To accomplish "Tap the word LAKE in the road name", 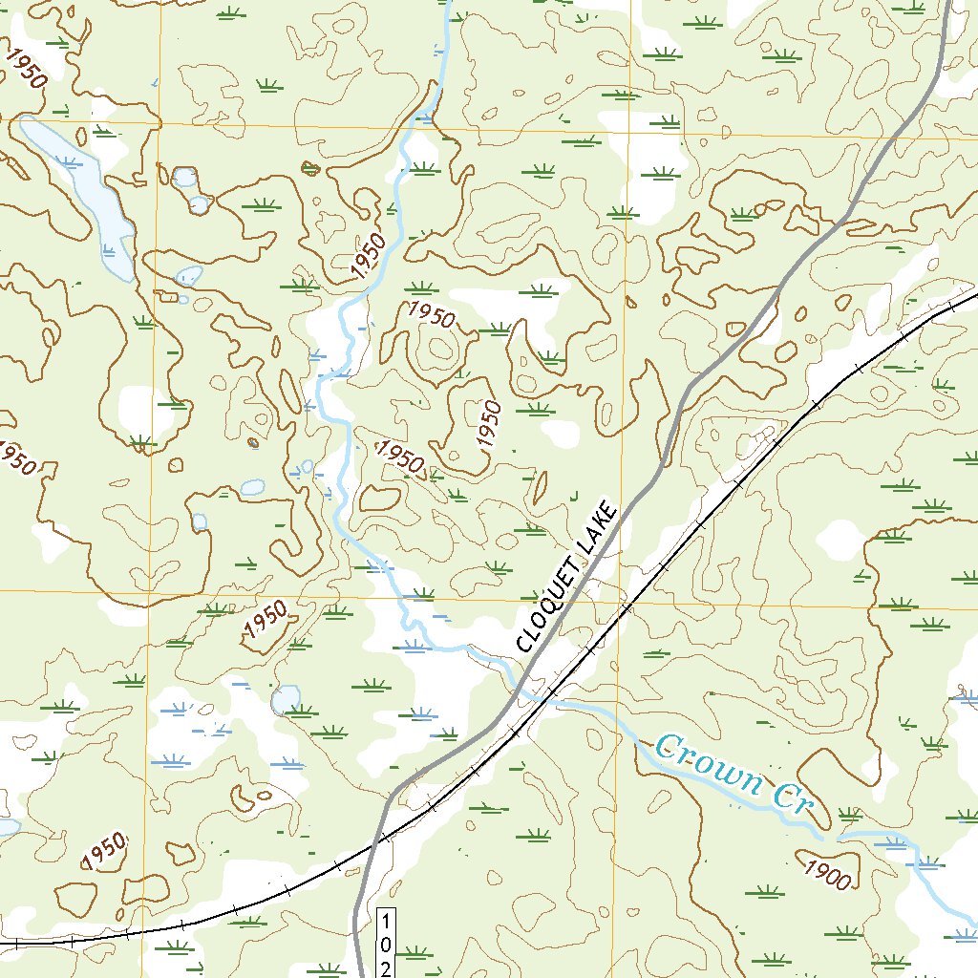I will click(x=604, y=525).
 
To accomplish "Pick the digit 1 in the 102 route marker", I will click(x=386, y=924).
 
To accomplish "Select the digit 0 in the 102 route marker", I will click(x=386, y=946).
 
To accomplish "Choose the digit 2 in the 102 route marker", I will click(x=386, y=967).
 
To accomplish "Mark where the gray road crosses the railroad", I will click(x=383, y=839).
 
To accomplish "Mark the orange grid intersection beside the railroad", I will click(x=618, y=605).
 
